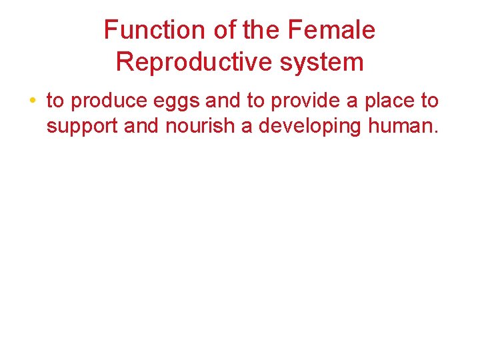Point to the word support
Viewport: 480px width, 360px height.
[x=83, y=127]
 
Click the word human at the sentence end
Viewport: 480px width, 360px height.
[x=405, y=125]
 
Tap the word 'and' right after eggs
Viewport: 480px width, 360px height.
[x=223, y=101]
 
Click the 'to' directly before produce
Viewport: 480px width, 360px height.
[x=55, y=101]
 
